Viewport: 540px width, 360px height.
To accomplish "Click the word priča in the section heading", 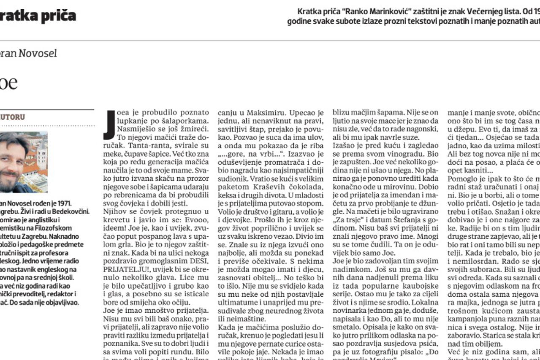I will point(57,16).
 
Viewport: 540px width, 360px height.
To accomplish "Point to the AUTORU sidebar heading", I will point(13,117).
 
